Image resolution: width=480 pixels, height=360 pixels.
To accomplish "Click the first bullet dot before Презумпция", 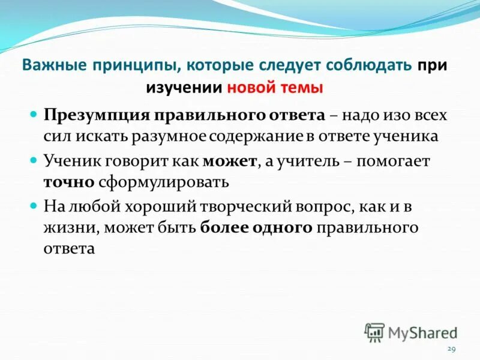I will click(x=34, y=113).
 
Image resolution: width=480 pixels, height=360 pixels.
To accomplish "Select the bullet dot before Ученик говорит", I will click(x=34, y=160).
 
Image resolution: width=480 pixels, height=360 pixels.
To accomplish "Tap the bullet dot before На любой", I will click(x=34, y=205).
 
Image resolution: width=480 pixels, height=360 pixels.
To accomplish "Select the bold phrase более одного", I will click(x=256, y=228).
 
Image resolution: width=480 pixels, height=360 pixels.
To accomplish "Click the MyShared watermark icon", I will click(x=374, y=332).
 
